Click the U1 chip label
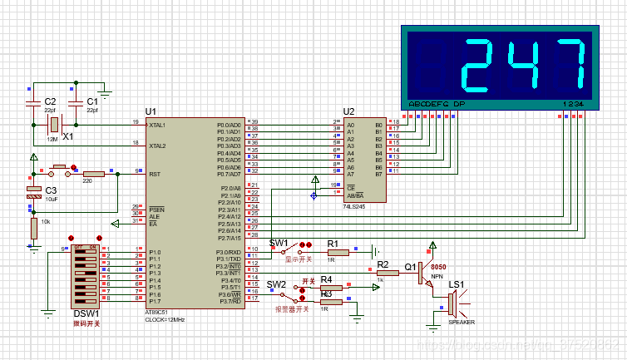[151, 111]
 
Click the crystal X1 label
[68, 135]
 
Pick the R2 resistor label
[383, 264]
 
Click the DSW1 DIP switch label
[86, 313]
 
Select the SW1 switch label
[279, 243]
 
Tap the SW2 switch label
[277, 284]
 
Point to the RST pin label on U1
[155, 175]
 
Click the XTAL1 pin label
[158, 125]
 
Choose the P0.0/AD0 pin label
[229, 125]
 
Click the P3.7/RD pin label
[230, 302]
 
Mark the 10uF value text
[52, 200]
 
